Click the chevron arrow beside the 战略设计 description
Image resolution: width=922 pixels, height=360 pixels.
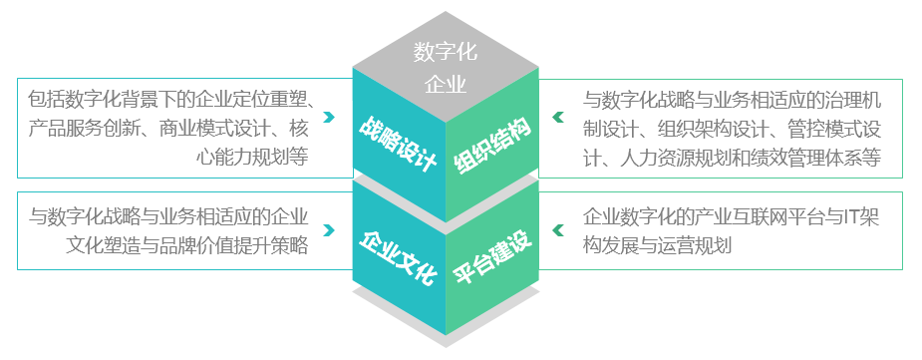[x=328, y=128]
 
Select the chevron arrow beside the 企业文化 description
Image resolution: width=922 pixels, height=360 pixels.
[x=328, y=229]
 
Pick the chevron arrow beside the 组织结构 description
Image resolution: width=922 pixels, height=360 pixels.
[x=558, y=128]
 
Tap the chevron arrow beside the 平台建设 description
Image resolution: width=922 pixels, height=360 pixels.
[x=558, y=229]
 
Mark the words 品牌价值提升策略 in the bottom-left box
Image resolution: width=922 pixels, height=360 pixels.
[x=218, y=244]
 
